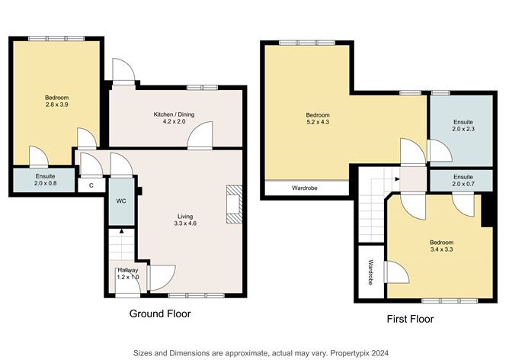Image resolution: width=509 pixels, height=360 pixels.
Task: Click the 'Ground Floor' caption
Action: (159, 313)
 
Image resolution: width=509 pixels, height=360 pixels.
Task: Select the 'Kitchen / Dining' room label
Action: (174, 114)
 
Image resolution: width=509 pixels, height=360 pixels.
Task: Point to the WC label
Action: (121, 201)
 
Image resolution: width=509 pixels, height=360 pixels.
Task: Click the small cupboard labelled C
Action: (91, 185)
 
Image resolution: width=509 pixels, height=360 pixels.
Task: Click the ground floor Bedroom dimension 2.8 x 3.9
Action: (56, 105)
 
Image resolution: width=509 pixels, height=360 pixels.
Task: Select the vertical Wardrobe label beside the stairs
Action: (371, 272)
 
